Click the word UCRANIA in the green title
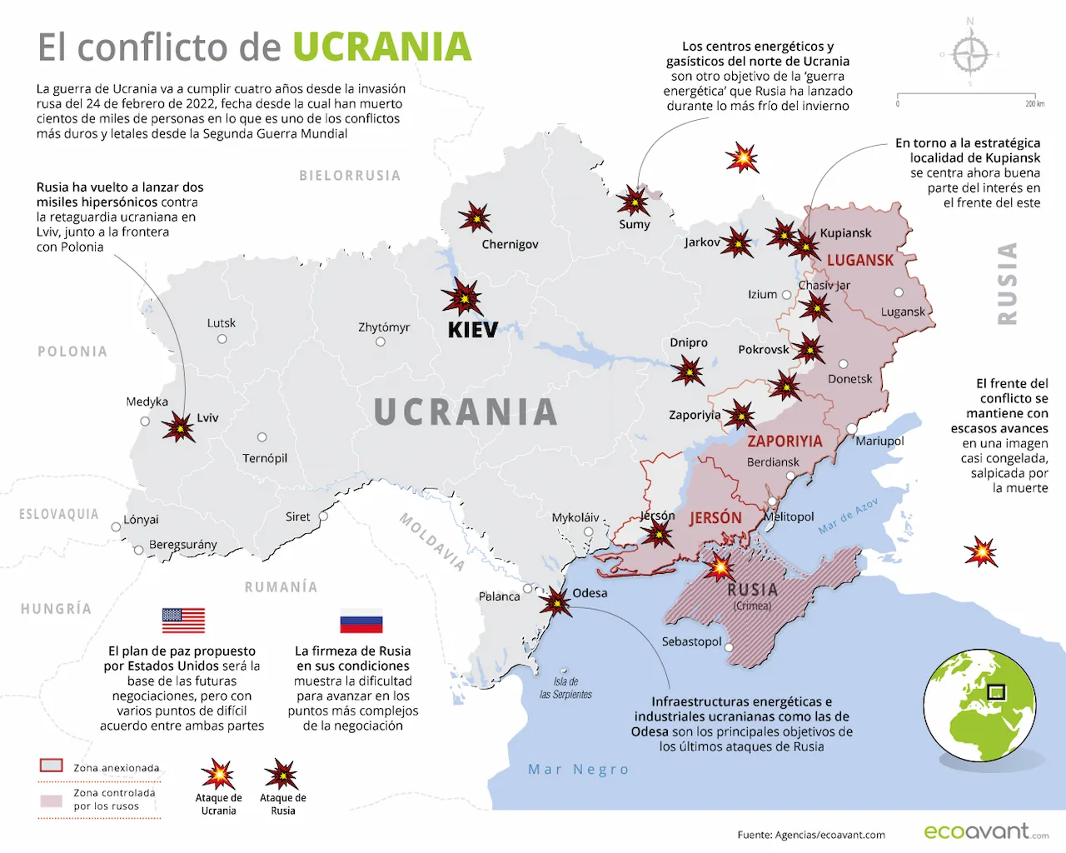click(382, 47)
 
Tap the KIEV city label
click(472, 330)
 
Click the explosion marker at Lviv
click(178, 427)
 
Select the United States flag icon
click(183, 621)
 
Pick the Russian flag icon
click(361, 621)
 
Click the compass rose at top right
click(969, 55)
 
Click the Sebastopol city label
click(691, 641)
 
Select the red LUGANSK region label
click(859, 261)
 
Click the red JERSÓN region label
click(715, 518)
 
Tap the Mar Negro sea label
click(578, 770)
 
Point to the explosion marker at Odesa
click(555, 601)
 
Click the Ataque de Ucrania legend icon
click(218, 775)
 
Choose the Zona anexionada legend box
click(52, 766)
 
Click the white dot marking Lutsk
click(222, 339)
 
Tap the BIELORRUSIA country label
click(350, 176)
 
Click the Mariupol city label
click(879, 441)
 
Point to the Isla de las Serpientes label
click(565, 688)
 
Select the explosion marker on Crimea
click(719, 567)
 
